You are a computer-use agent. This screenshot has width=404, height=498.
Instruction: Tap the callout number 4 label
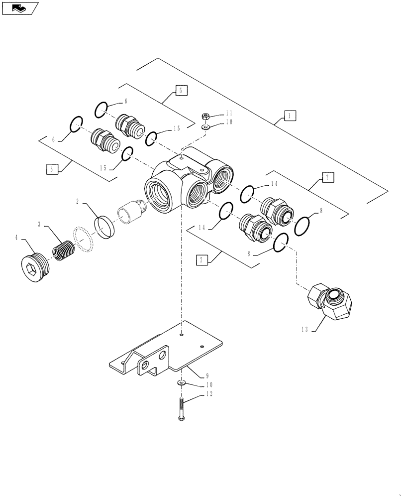point(17,238)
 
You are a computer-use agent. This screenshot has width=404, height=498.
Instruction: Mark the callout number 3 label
point(39,225)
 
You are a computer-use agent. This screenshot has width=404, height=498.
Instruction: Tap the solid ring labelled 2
point(105,227)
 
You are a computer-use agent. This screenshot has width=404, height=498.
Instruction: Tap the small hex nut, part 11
point(204,117)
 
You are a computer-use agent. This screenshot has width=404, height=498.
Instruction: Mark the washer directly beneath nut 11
point(205,126)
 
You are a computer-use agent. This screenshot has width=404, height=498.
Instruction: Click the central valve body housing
point(182,184)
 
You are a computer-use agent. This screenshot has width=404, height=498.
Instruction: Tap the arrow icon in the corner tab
point(19,8)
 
